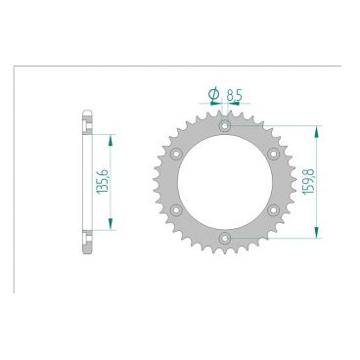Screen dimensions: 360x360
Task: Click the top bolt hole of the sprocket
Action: click(x=225, y=125)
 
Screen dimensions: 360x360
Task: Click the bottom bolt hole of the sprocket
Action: click(x=225, y=238)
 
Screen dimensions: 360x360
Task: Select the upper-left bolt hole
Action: click(x=176, y=154)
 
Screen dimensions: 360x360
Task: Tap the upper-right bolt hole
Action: click(x=273, y=154)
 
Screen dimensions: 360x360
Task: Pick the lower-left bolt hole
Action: click(x=176, y=210)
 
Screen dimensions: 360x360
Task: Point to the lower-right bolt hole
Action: click(x=273, y=210)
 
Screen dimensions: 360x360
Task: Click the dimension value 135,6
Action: click(x=102, y=182)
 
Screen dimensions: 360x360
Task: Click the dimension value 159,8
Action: click(x=308, y=181)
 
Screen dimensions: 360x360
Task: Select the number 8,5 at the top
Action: click(x=234, y=95)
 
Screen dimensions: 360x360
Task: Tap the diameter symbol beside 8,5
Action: click(x=214, y=94)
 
